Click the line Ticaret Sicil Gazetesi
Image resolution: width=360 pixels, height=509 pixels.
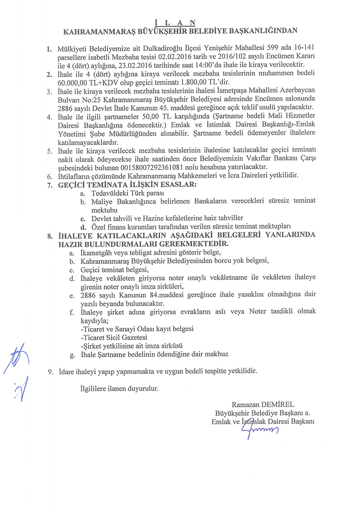[114, 337]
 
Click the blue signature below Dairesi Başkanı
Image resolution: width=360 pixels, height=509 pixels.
[259, 431]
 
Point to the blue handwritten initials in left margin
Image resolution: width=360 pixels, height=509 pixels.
[17, 370]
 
